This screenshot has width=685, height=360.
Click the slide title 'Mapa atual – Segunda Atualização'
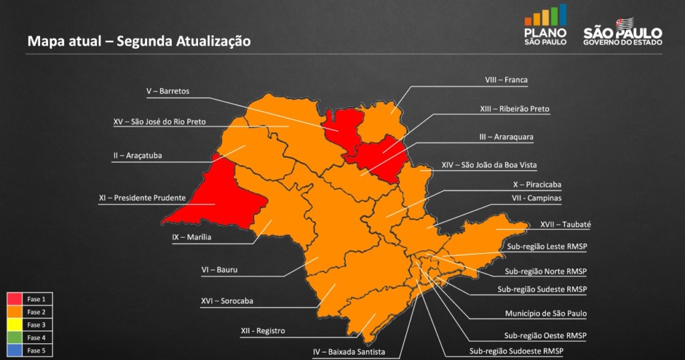(x=139, y=41)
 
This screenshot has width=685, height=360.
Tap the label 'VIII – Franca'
(x=506, y=80)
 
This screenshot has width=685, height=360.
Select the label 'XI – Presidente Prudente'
(x=142, y=198)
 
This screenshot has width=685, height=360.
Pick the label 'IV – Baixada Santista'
(x=349, y=351)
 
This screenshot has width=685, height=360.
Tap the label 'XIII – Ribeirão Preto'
(x=515, y=108)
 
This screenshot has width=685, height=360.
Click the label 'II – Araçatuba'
(x=138, y=155)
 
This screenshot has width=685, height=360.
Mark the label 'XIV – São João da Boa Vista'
(x=489, y=165)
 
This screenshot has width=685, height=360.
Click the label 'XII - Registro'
(x=263, y=331)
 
